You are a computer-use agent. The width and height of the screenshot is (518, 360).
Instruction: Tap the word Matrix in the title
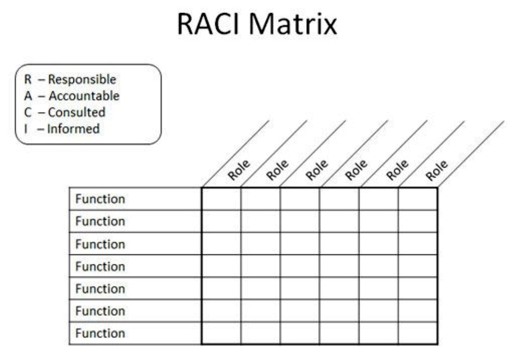tap(293, 24)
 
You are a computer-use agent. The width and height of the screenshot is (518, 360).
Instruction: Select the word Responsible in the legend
tap(82, 80)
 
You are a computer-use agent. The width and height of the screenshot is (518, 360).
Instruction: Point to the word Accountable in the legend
tap(84, 96)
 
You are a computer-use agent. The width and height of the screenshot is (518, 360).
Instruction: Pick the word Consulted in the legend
tap(77, 112)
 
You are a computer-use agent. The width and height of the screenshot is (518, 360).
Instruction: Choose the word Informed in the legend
tap(73, 129)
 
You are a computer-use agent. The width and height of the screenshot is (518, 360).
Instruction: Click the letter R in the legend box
tap(28, 80)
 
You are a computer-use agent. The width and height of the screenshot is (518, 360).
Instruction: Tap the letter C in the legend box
tap(28, 112)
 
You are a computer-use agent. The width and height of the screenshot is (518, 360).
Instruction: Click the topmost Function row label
tap(100, 199)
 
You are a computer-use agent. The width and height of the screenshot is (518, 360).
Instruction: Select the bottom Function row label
tap(100, 333)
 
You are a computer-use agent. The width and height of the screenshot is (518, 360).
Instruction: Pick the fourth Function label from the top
tap(100, 266)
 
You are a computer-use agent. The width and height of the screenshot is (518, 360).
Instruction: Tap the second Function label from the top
tap(100, 222)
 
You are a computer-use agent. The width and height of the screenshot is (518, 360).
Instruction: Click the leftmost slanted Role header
tap(239, 170)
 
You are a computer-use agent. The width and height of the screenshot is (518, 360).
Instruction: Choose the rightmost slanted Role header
tap(437, 170)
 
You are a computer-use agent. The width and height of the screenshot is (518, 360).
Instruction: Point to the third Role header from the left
tap(317, 170)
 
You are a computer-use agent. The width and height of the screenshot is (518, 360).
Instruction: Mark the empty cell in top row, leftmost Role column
tap(221, 199)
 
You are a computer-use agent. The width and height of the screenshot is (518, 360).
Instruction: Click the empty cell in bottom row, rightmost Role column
tap(418, 333)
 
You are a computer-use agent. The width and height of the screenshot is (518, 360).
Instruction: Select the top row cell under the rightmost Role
tap(418, 199)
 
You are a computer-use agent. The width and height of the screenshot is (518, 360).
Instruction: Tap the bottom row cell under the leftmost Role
tap(221, 333)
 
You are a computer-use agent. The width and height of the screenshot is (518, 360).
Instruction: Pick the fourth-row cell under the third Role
tap(300, 266)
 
